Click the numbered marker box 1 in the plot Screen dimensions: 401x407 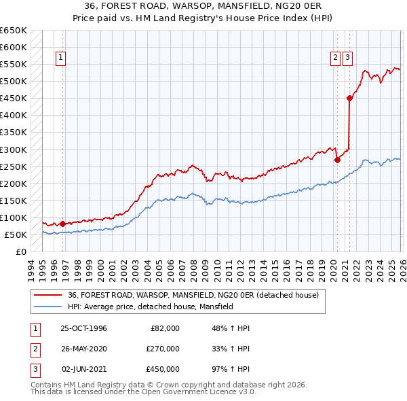61,58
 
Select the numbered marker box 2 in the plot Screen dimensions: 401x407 335,58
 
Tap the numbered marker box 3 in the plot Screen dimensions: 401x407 347,58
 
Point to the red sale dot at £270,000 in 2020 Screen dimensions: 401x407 337,160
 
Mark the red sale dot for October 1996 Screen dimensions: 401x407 62,224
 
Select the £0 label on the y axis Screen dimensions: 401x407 20,251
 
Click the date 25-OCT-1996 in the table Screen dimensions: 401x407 83,328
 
